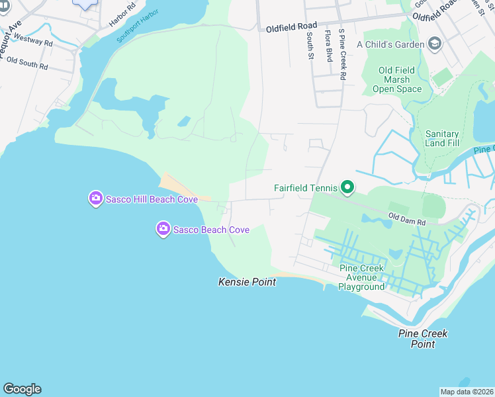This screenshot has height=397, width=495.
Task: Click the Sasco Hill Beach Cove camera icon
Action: (x=96, y=198)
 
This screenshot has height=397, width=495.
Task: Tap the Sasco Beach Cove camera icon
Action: (x=163, y=229)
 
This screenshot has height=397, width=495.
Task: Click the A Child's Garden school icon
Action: (x=435, y=44)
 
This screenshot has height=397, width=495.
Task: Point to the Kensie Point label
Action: (x=247, y=282)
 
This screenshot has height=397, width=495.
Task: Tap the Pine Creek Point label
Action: (x=423, y=339)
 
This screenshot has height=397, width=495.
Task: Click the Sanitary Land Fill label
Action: (x=442, y=138)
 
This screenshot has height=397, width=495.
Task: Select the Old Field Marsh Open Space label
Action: (x=396, y=79)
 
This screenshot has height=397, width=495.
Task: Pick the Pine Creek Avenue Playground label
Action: (x=361, y=277)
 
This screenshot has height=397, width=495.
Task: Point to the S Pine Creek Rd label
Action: (x=342, y=54)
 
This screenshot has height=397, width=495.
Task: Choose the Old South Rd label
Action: (x=27, y=64)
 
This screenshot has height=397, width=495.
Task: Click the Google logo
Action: (x=22, y=389)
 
